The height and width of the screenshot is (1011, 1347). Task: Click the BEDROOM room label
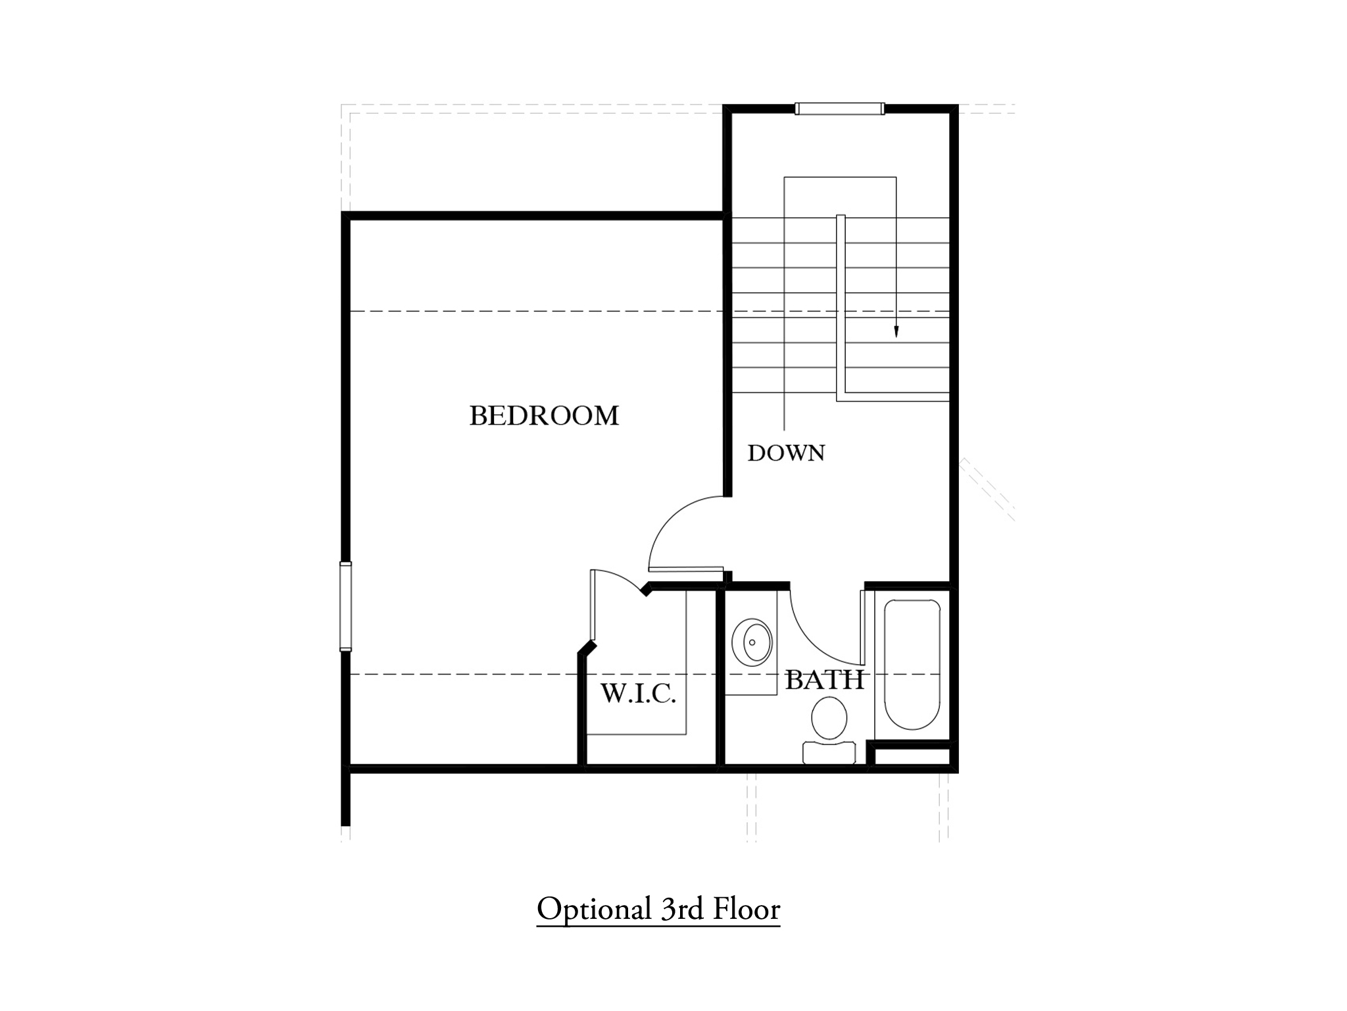544,416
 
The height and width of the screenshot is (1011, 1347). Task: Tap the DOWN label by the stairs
786,453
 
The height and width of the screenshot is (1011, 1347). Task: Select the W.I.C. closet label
638,693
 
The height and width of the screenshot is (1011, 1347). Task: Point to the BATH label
824,680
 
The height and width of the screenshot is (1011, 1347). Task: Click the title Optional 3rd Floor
658,910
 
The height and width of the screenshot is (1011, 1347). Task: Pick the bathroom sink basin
752,642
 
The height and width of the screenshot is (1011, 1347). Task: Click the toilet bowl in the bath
829,719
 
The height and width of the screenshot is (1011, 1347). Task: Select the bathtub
912,664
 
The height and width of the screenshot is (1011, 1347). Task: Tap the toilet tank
829,752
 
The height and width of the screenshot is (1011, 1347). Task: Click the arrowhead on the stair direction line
896,332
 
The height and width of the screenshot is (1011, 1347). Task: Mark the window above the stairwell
839,109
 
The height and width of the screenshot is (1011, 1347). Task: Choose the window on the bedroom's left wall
345,606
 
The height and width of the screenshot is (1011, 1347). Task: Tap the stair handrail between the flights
841,307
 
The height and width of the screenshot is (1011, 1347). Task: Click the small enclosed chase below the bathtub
912,757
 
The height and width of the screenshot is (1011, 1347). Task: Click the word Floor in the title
747,910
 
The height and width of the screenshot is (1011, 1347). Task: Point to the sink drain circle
752,642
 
